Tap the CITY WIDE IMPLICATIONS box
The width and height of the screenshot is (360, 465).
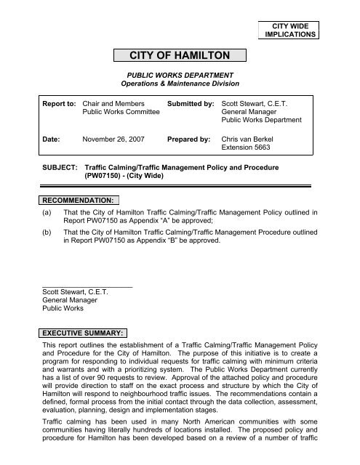pos(291,29)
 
